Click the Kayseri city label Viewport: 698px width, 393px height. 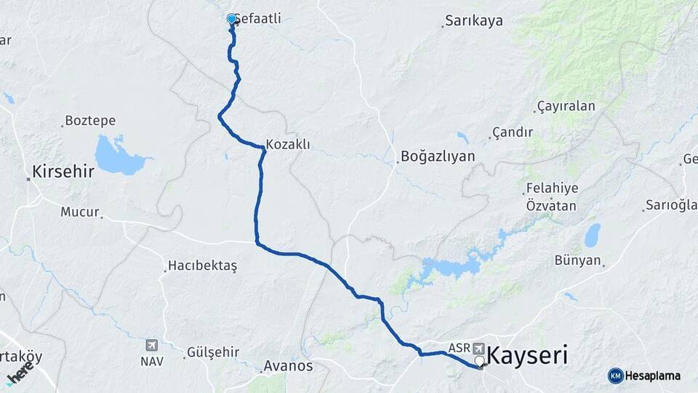[x=527, y=357]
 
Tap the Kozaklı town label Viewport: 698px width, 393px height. [x=288, y=144]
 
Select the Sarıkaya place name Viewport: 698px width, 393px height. [x=475, y=20]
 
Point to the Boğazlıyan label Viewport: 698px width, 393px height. [x=437, y=156]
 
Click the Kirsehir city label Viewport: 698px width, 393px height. [x=63, y=172]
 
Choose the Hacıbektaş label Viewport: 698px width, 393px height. [x=202, y=266]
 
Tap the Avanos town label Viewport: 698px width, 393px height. [x=289, y=365]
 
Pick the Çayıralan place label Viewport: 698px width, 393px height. [x=566, y=106]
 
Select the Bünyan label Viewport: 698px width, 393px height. [x=578, y=260]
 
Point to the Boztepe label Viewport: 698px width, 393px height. [x=90, y=120]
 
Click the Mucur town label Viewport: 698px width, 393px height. [x=79, y=213]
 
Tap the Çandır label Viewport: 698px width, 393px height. [x=513, y=132]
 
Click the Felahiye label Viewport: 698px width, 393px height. [x=551, y=188]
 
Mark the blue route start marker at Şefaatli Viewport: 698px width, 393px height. [x=231, y=18]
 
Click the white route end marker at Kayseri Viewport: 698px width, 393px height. [x=480, y=361]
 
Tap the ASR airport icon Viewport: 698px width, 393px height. [x=479, y=348]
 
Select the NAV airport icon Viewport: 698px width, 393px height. [x=152, y=344]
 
